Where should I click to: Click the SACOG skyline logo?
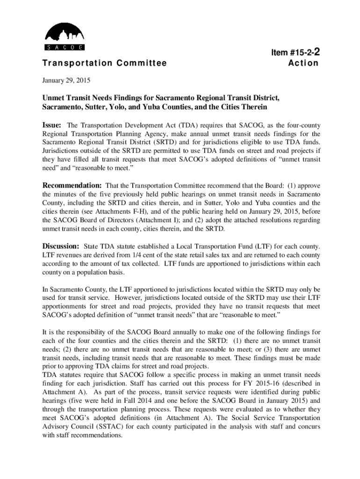[64, 37]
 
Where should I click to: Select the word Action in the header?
[303, 63]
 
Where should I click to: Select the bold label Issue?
[54, 125]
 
